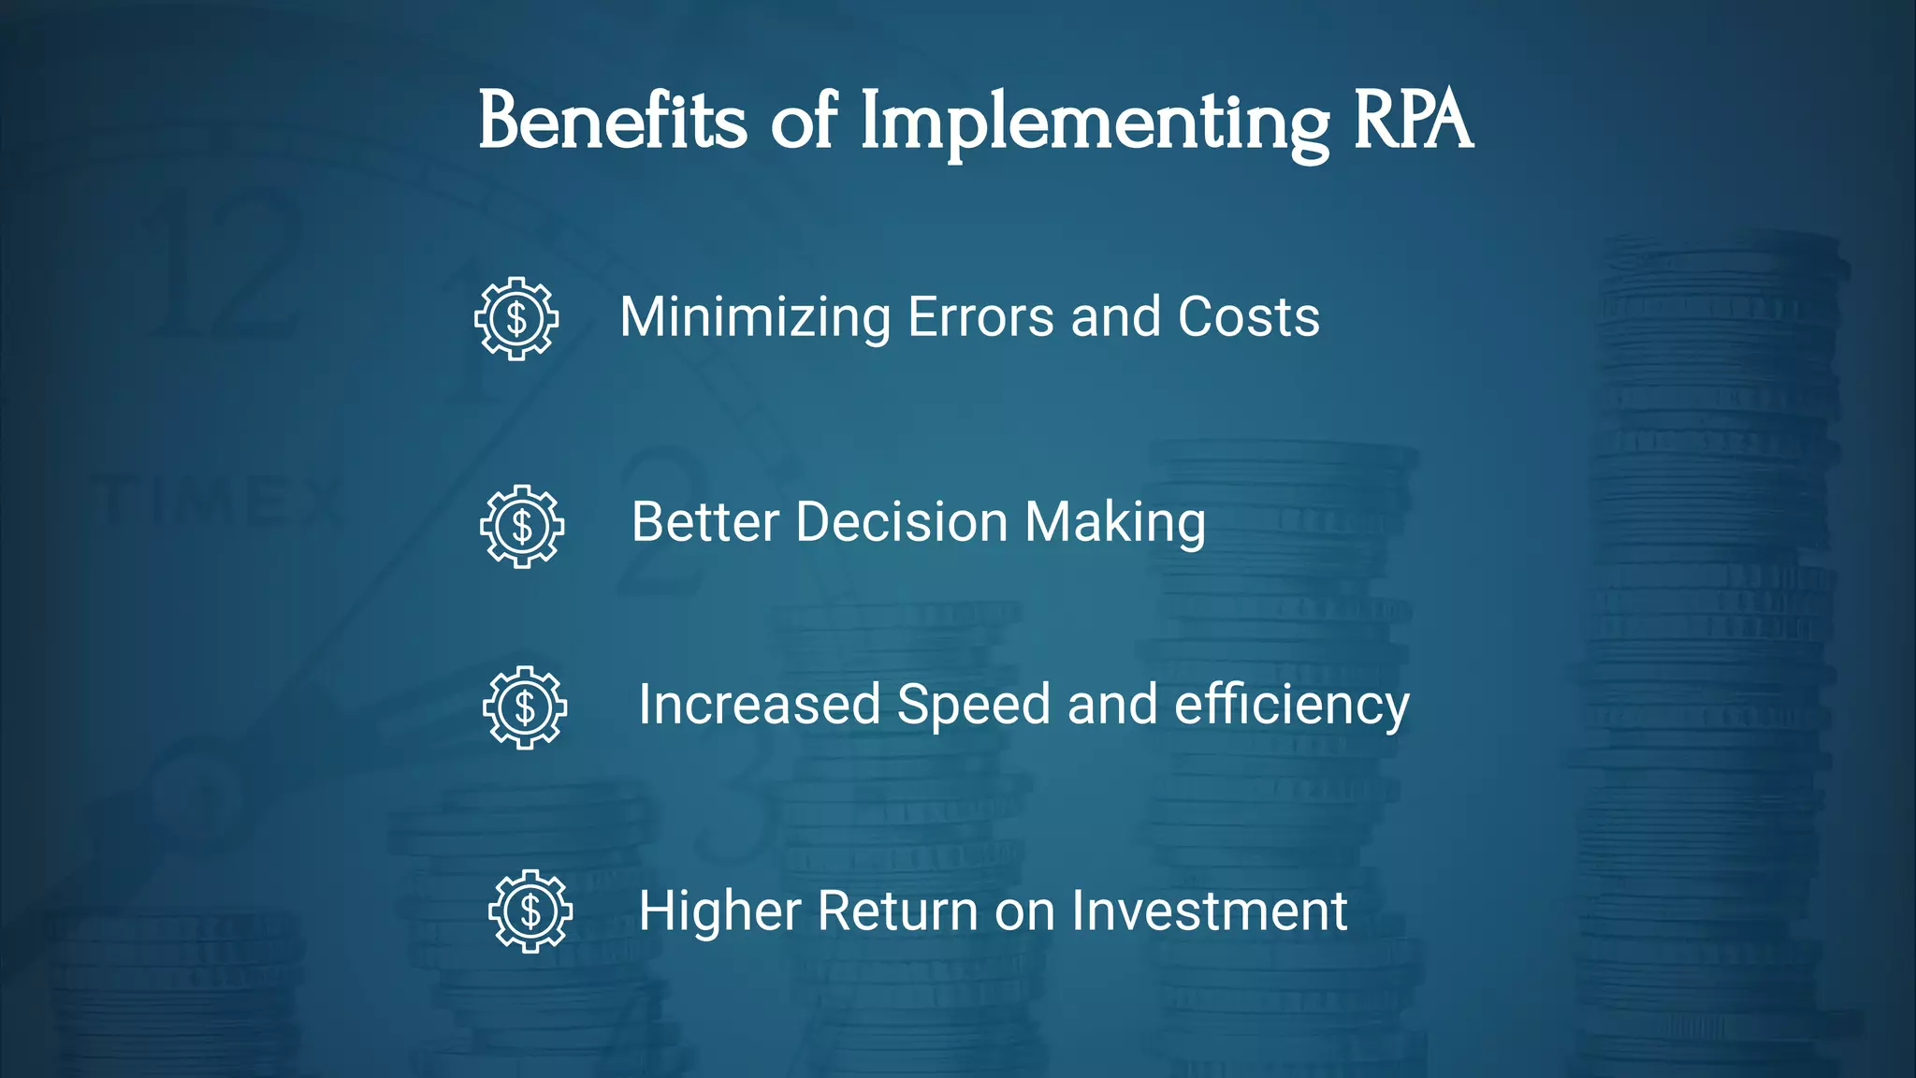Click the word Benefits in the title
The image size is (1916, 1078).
pyautogui.click(x=613, y=122)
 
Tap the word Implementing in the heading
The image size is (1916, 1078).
pyautogui.click(x=1094, y=124)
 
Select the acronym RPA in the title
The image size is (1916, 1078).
pyautogui.click(x=1413, y=122)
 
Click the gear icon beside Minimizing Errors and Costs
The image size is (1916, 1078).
pyautogui.click(x=516, y=318)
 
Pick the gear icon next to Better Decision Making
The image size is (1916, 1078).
pyautogui.click(x=522, y=526)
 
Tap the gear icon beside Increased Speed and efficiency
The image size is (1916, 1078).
pyautogui.click(x=525, y=707)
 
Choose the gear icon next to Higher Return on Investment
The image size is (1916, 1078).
pyautogui.click(x=530, y=911)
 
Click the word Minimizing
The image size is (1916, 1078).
pyautogui.click(x=755, y=318)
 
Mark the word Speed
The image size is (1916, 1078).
pyautogui.click(x=974, y=705)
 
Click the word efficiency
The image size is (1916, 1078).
pyautogui.click(x=1291, y=706)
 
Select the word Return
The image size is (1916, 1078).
pyautogui.click(x=898, y=910)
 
